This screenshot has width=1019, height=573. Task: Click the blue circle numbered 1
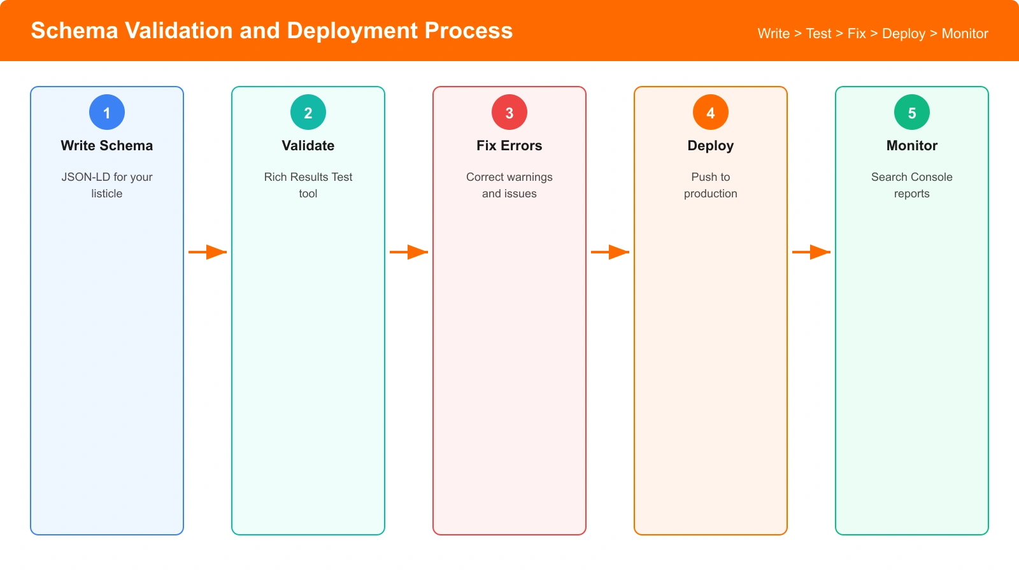tap(107, 112)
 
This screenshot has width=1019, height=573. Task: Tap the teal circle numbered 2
tap(308, 112)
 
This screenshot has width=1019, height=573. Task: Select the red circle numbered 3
tap(509, 112)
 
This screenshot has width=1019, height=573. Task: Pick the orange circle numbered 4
tap(711, 112)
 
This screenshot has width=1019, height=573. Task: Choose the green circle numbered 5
tap(912, 112)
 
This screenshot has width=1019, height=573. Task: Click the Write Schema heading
tap(107, 146)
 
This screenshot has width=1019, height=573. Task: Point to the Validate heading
tap(308, 146)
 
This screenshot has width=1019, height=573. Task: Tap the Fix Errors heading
tap(509, 146)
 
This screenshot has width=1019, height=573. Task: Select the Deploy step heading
tap(711, 146)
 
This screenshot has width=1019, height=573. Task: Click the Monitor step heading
tap(912, 146)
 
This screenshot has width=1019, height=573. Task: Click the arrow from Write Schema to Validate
tap(208, 252)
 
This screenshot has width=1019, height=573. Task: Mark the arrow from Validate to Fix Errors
tap(409, 252)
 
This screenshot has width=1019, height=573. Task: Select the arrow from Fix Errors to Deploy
tap(610, 252)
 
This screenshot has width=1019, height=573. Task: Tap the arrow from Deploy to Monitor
tap(811, 252)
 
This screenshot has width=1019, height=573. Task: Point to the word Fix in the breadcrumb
tap(856, 34)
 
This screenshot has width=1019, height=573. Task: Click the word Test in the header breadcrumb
tap(818, 34)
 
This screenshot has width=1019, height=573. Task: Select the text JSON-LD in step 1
tap(85, 177)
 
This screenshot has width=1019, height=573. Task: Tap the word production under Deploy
tap(711, 194)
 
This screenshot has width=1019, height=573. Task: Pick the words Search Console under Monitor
tap(912, 177)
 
